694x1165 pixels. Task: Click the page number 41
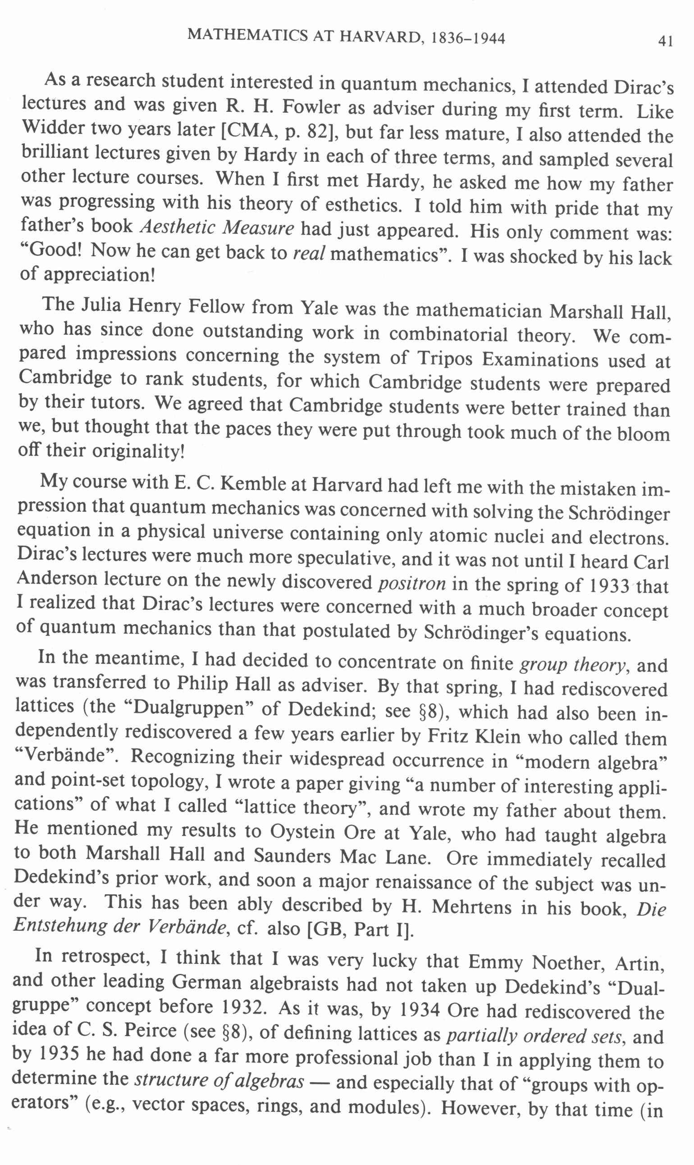[665, 41]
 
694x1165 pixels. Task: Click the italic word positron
[412, 583]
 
